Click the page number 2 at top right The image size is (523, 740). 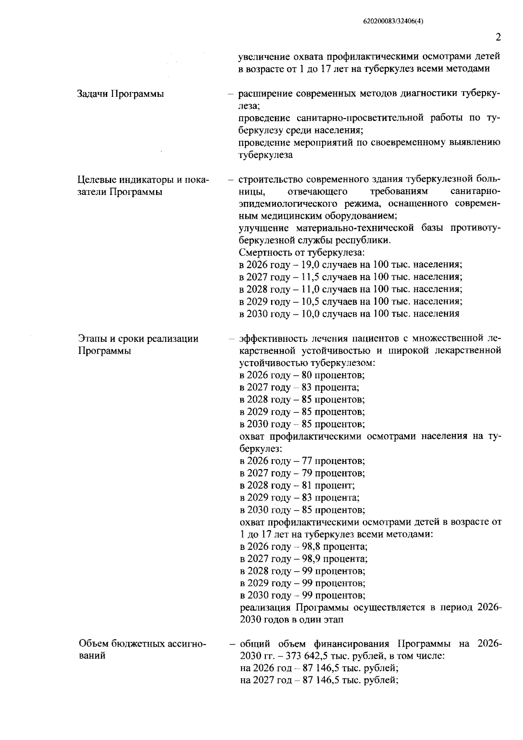click(x=498, y=38)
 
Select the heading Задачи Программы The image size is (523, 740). click(x=121, y=94)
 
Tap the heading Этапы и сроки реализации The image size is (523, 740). click(x=138, y=339)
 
